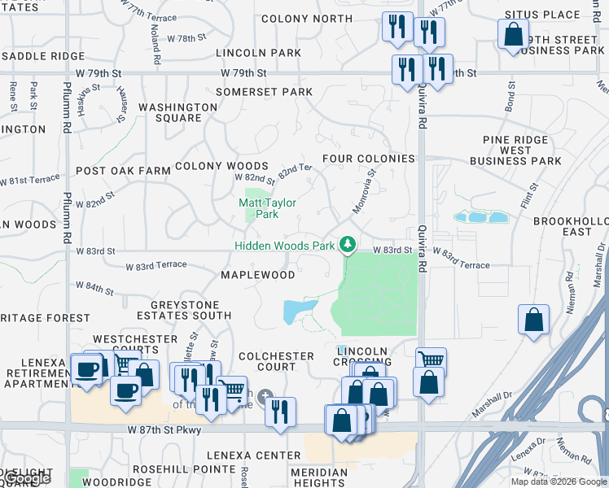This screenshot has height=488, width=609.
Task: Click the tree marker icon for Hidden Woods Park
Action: pyautogui.click(x=348, y=244)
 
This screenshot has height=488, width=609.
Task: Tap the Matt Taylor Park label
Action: pyautogui.click(x=267, y=209)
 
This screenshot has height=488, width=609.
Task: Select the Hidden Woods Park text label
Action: pyautogui.click(x=284, y=246)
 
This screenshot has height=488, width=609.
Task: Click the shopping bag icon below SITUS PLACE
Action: pyautogui.click(x=513, y=35)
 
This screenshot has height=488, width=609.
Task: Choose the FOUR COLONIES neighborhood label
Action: pyautogui.click(x=368, y=159)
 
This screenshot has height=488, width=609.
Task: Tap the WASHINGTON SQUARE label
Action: pyautogui.click(x=177, y=112)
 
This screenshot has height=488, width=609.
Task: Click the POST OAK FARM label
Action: pyautogui.click(x=123, y=172)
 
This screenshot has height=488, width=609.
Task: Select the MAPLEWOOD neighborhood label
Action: pyautogui.click(x=258, y=275)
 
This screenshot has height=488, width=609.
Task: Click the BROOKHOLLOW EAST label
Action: pyautogui.click(x=571, y=226)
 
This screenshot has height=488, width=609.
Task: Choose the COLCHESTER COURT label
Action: pyautogui.click(x=276, y=361)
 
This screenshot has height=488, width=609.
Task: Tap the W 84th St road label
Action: pyautogui.click(x=94, y=288)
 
